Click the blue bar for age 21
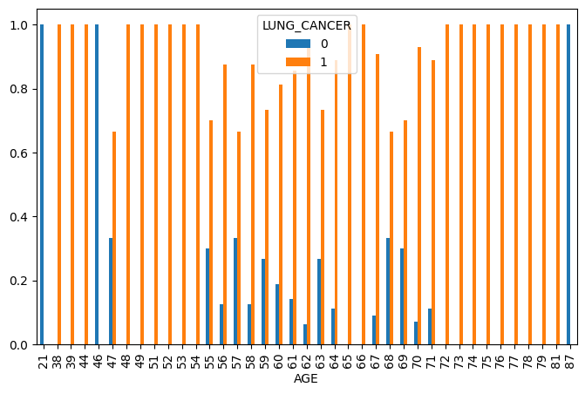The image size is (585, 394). (x=42, y=184)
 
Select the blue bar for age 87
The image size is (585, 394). (x=568, y=184)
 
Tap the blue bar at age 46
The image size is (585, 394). (x=97, y=184)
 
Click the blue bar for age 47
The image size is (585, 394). (x=111, y=291)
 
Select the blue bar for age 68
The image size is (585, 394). (x=388, y=291)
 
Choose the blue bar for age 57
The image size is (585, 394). (x=235, y=291)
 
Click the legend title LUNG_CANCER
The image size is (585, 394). (x=306, y=25)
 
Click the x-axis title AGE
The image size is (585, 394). (x=305, y=379)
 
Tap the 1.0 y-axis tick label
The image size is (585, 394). (x=20, y=25)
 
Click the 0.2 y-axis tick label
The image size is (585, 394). (x=20, y=281)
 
